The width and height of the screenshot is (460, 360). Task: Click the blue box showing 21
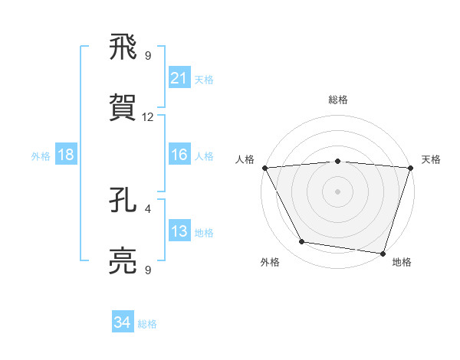coord(179,78)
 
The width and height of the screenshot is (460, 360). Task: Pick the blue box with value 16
coord(179,155)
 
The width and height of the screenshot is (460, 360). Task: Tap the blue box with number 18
coord(66,155)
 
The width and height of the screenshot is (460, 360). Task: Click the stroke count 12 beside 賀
coord(148,117)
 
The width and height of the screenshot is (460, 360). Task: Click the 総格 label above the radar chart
coord(337,100)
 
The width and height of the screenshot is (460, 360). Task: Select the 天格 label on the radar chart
coord(431,159)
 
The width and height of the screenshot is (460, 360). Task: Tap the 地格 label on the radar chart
coord(402,262)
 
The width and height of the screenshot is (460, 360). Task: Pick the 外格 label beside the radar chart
coord(270,262)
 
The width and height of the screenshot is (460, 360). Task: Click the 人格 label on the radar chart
coord(245,159)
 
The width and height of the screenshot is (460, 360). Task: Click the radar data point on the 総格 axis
coord(337,161)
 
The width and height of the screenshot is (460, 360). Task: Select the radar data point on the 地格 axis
coord(383,253)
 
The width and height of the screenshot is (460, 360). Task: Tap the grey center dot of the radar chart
coord(337,191)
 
